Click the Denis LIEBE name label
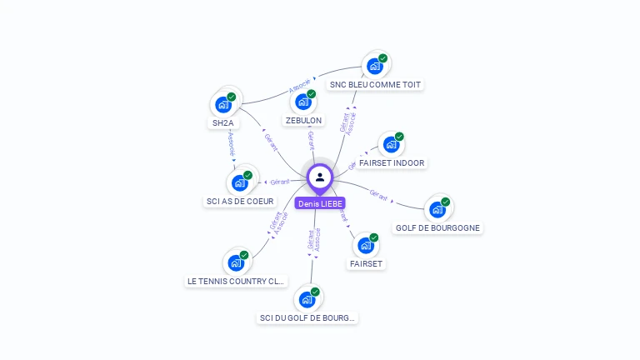coord(320,203)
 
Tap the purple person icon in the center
coord(320,177)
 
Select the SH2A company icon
coord(222,104)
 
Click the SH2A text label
coord(223,123)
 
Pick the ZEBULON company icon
coord(303,102)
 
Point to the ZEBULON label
coord(303,121)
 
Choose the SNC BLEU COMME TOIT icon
coord(375,65)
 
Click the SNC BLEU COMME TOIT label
coord(376,85)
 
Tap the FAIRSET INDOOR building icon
coord(391,144)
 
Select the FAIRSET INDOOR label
coord(397,163)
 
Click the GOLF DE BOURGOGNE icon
coord(437,209)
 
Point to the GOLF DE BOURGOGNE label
coord(437,228)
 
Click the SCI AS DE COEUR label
coord(239,202)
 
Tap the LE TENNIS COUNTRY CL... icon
coord(236,262)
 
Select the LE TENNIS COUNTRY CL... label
coord(236,282)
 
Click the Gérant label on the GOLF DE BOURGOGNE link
coord(378,195)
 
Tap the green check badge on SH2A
coord(232,97)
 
